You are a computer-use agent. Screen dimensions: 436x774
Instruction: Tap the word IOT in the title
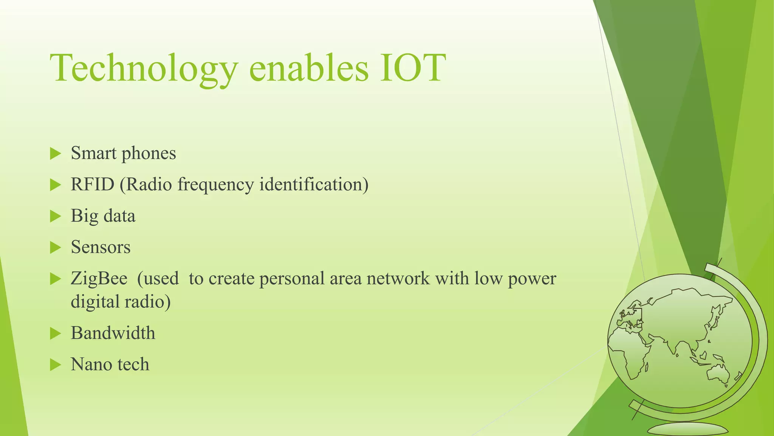tap(413, 68)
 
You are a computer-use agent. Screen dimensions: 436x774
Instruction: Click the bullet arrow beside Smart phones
tap(55, 154)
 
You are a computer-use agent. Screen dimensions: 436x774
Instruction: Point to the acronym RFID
tap(93, 185)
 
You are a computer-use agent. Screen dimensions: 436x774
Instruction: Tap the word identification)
tap(314, 185)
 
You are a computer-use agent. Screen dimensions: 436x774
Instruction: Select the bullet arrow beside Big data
tap(55, 216)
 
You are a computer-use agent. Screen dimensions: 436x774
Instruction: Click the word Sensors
tap(101, 247)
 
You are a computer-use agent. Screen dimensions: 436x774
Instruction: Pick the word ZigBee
tap(99, 279)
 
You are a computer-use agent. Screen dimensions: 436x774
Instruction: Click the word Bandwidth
tap(113, 333)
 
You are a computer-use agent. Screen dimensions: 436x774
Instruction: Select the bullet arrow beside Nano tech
tap(55, 365)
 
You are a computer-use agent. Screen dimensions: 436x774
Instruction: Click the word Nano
tap(91, 364)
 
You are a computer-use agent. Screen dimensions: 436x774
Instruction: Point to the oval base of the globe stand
tap(687, 430)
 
